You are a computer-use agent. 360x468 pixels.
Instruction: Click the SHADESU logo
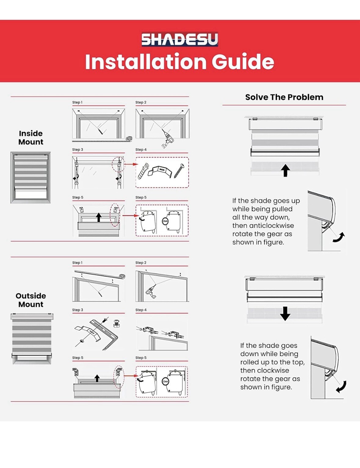(180, 39)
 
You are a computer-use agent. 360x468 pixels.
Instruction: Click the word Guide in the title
(243, 62)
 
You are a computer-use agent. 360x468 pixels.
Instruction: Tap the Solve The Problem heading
(284, 97)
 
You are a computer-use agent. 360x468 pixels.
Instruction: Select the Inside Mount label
(31, 138)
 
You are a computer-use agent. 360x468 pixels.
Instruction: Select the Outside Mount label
(31, 300)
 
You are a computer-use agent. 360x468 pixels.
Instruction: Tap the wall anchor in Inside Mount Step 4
(143, 171)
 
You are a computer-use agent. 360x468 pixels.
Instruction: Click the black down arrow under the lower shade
(285, 314)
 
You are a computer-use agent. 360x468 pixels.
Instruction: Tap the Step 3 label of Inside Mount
(78, 150)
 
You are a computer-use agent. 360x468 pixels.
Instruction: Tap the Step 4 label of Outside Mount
(141, 310)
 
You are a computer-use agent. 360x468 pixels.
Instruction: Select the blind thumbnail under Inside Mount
(31, 177)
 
